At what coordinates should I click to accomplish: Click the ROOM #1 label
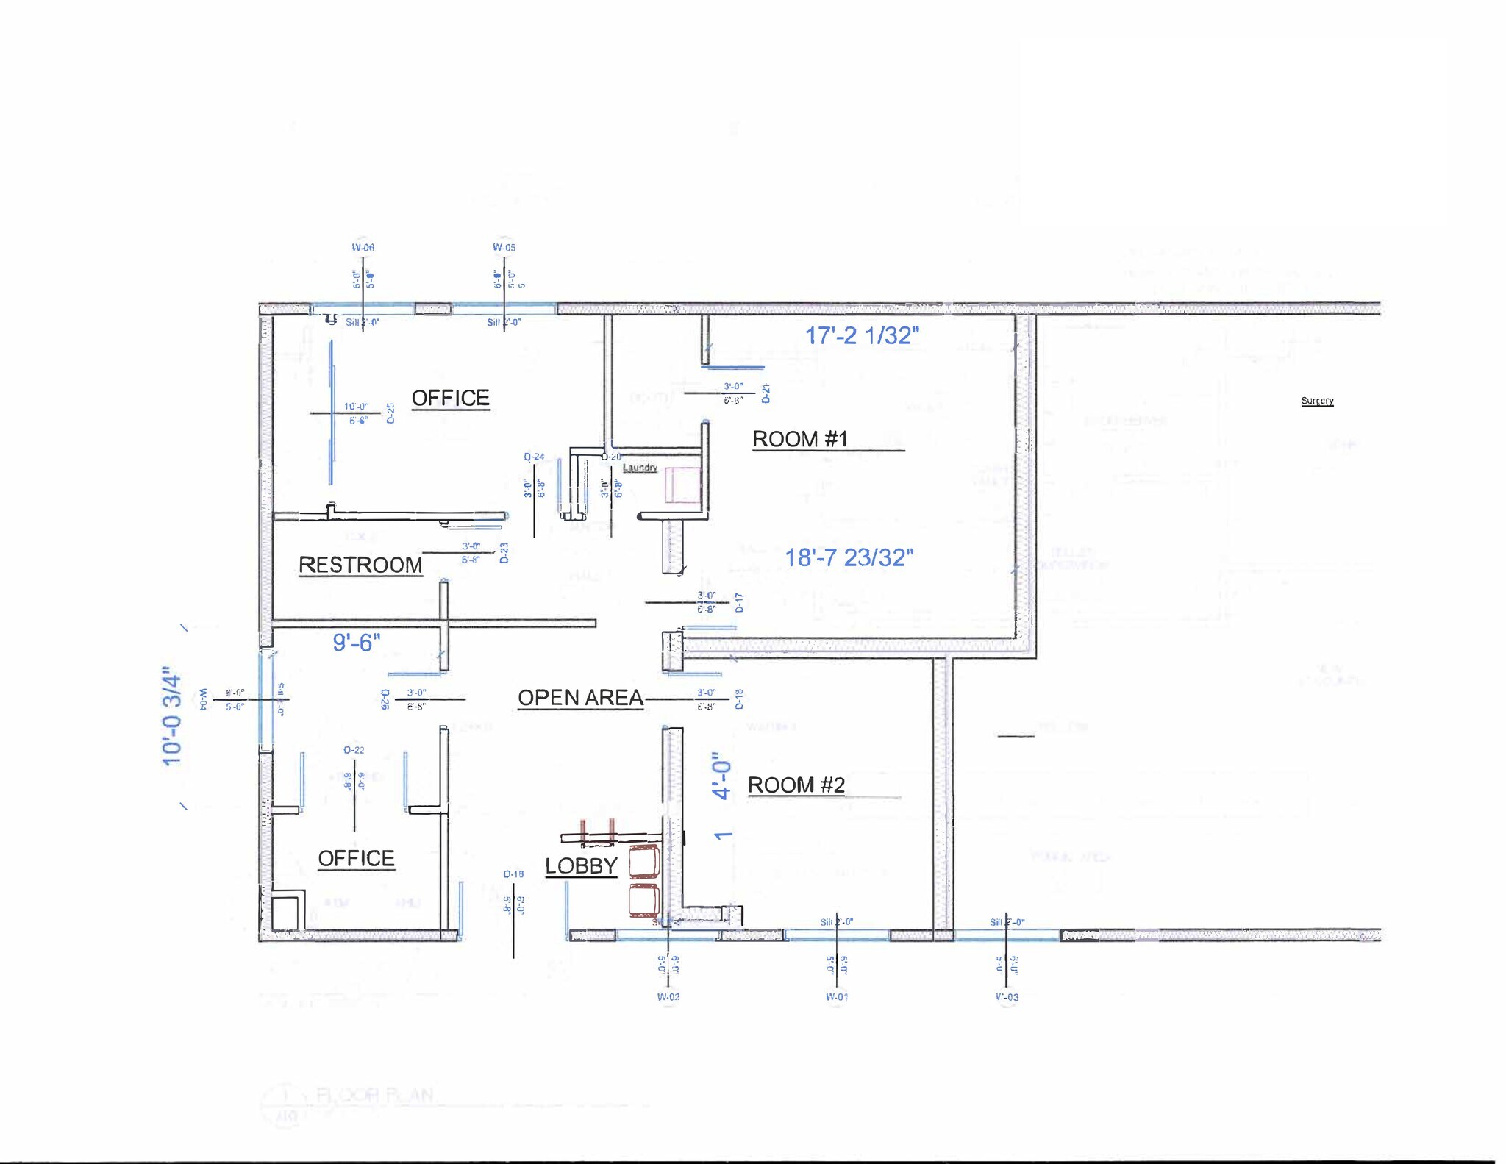(800, 439)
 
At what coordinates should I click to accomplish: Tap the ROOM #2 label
(796, 785)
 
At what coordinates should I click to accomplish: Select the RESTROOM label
(360, 565)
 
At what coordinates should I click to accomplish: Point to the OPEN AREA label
(580, 698)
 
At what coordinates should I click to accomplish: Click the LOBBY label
(581, 866)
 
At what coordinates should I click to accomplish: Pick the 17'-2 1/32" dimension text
(862, 335)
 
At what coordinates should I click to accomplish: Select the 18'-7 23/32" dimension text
(849, 557)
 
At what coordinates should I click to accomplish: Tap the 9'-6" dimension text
(357, 642)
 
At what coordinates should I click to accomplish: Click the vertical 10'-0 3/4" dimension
(171, 717)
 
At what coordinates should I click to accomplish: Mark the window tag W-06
(363, 248)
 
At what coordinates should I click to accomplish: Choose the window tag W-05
(504, 248)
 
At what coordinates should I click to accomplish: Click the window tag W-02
(668, 997)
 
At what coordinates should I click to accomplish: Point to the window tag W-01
(837, 997)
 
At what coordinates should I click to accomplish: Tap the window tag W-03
(1007, 997)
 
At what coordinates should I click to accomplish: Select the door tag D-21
(766, 393)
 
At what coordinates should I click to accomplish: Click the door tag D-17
(740, 603)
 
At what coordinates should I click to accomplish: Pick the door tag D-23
(504, 553)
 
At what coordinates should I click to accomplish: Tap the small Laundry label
(640, 468)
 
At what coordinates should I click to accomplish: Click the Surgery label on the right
(1317, 401)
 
